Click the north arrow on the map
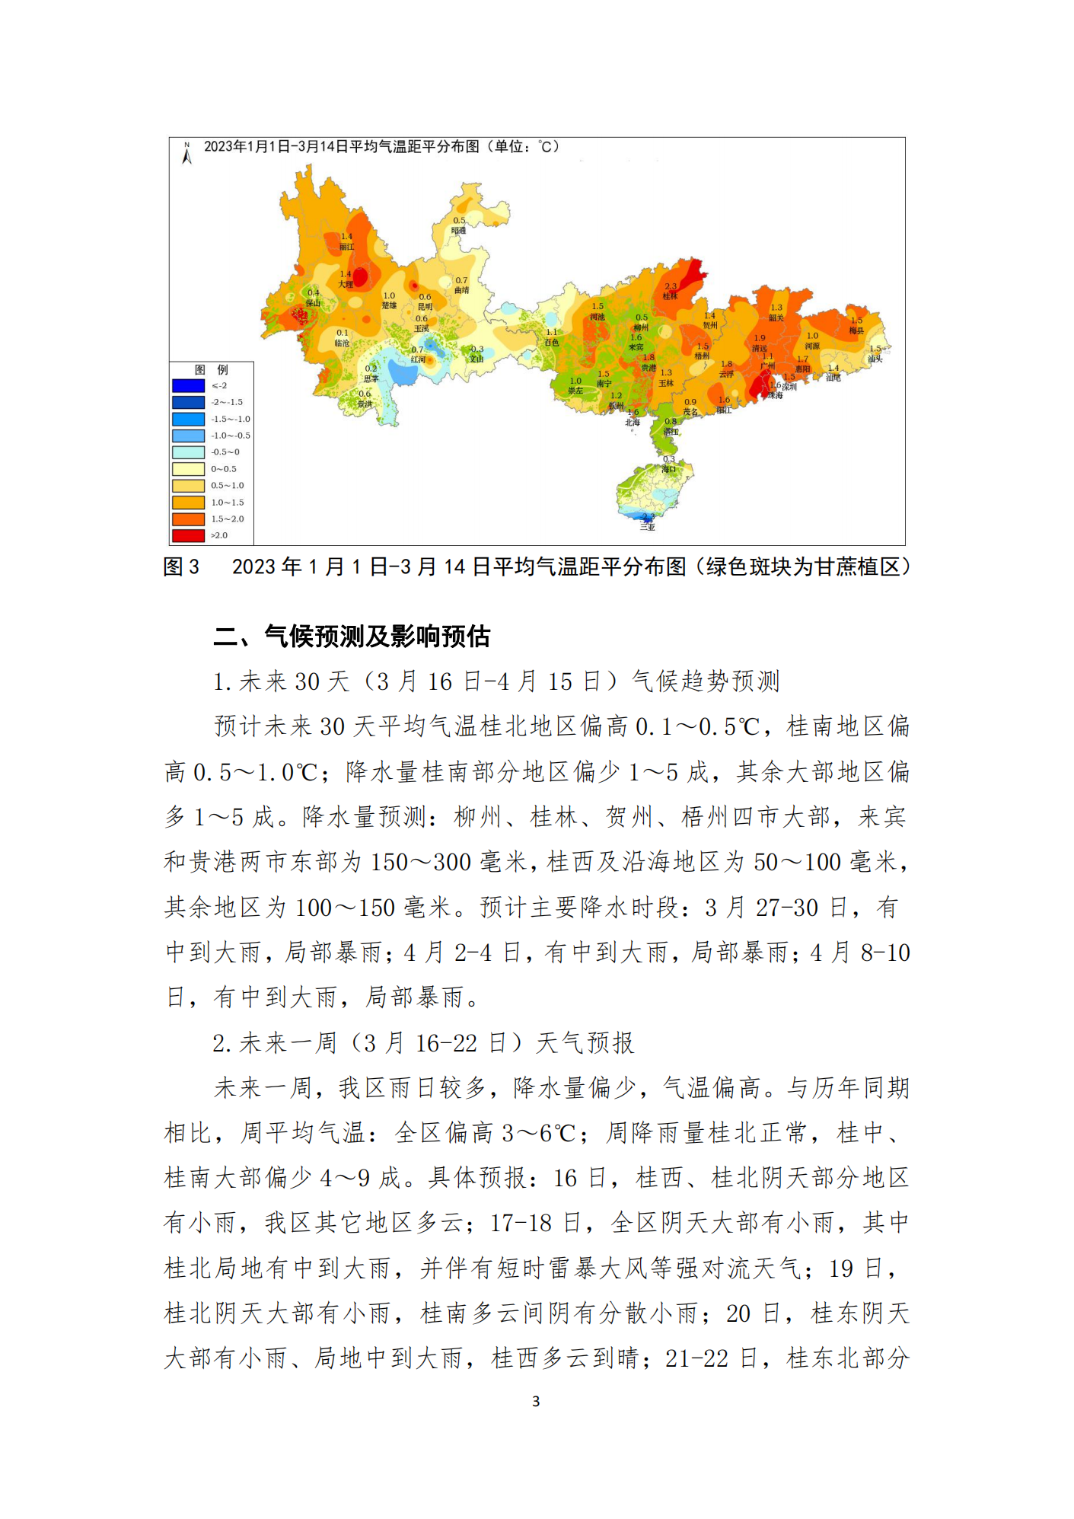click(186, 153)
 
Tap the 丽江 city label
click(346, 247)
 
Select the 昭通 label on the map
click(458, 230)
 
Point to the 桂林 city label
click(670, 295)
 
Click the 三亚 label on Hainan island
click(647, 526)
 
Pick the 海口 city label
click(668, 469)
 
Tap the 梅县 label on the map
click(856, 330)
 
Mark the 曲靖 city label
click(461, 290)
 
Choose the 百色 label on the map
click(551, 342)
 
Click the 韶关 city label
click(776, 317)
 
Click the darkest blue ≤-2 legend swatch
click(188, 385)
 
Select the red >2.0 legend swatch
click(188, 535)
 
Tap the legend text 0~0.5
click(224, 469)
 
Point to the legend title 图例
click(211, 369)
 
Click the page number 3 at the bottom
click(536, 1401)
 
